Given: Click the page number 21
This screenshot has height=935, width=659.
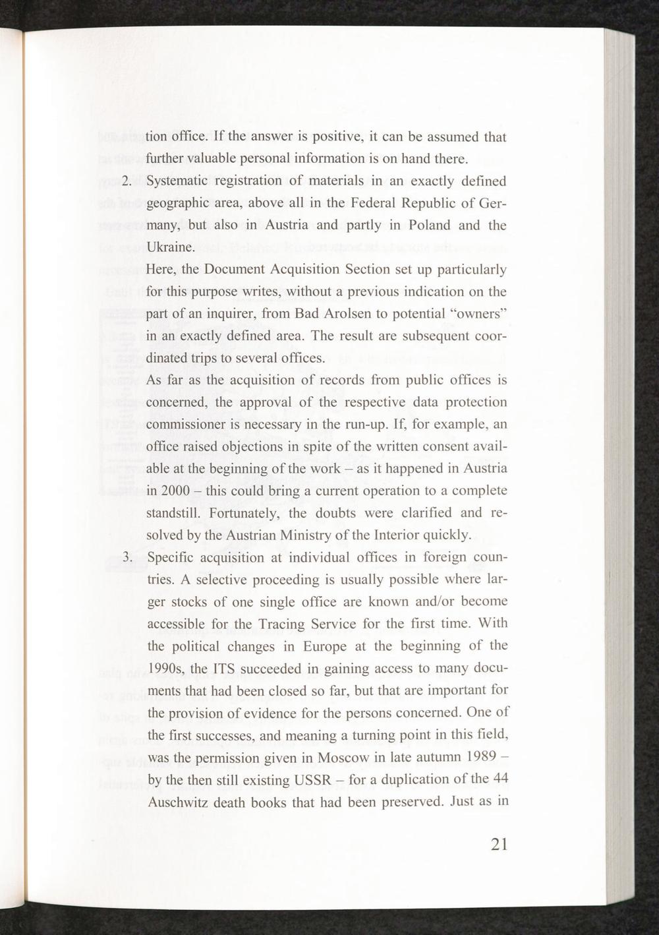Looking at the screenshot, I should coord(499,845).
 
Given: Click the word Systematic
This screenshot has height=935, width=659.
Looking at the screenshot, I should coord(179,181).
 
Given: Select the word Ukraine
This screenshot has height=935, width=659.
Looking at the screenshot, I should coord(170,248).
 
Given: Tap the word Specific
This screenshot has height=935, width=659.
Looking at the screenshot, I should coord(170,558).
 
